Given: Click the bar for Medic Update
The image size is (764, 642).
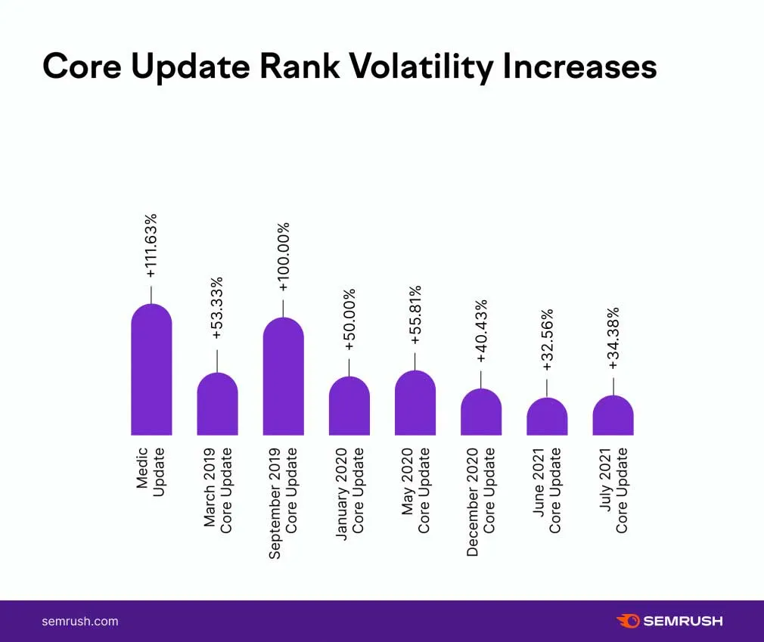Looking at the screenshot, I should point(151,371).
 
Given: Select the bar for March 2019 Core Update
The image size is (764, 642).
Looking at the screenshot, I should point(217,405).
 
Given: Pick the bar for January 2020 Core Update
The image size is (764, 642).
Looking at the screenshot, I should point(349,406).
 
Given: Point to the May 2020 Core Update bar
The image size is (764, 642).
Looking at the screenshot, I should point(415,403).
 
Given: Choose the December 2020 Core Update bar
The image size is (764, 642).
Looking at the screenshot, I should point(480,412).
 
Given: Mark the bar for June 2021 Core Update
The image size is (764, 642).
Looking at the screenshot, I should point(547,417).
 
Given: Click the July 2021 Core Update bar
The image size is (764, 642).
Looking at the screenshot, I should point(613,416).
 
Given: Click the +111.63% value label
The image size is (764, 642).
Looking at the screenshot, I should point(151,246).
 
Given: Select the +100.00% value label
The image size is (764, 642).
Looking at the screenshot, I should point(283,257).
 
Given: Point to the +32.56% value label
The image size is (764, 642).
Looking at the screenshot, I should point(547,340).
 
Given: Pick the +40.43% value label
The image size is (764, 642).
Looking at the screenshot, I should point(480,331).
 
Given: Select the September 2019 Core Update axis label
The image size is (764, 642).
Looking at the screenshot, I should point(283,503).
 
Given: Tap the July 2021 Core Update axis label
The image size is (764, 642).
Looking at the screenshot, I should point(613,490).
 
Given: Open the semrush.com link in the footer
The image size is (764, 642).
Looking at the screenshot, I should point(79,621).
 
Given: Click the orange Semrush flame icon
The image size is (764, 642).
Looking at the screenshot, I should point(628,621).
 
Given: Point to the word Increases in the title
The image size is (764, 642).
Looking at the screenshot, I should point(579,67).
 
